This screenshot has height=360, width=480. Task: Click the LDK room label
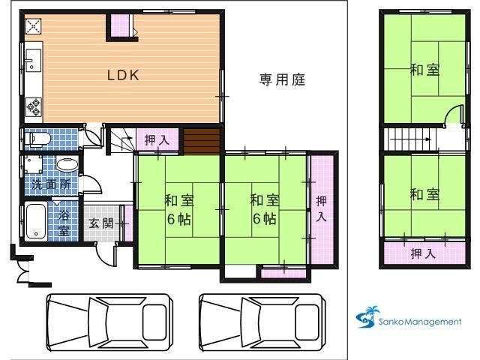coord(123,75)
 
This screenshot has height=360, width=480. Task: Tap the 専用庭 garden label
coord(282,80)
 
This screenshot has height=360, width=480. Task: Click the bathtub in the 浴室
coord(36,221)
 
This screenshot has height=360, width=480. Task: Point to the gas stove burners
coord(34,107)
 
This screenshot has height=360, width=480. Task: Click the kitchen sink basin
coord(33,60)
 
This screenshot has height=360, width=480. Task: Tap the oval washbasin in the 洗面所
coord(67,165)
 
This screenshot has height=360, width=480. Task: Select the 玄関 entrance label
coord(101,223)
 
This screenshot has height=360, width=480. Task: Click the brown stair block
coord(202,142)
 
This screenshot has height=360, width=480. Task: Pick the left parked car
coord(109,322)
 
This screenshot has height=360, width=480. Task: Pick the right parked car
coord(262,322)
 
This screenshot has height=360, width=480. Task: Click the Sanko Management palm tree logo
coord(367,317)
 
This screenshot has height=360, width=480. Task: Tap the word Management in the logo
coord(433,322)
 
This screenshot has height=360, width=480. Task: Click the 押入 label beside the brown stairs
coord(157,140)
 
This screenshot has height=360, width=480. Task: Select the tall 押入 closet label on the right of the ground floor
coord(321,209)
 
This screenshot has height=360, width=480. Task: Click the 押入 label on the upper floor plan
coord(423,253)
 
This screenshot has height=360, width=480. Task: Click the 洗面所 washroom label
coord(52,184)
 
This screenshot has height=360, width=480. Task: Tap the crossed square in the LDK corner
coord(33,26)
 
